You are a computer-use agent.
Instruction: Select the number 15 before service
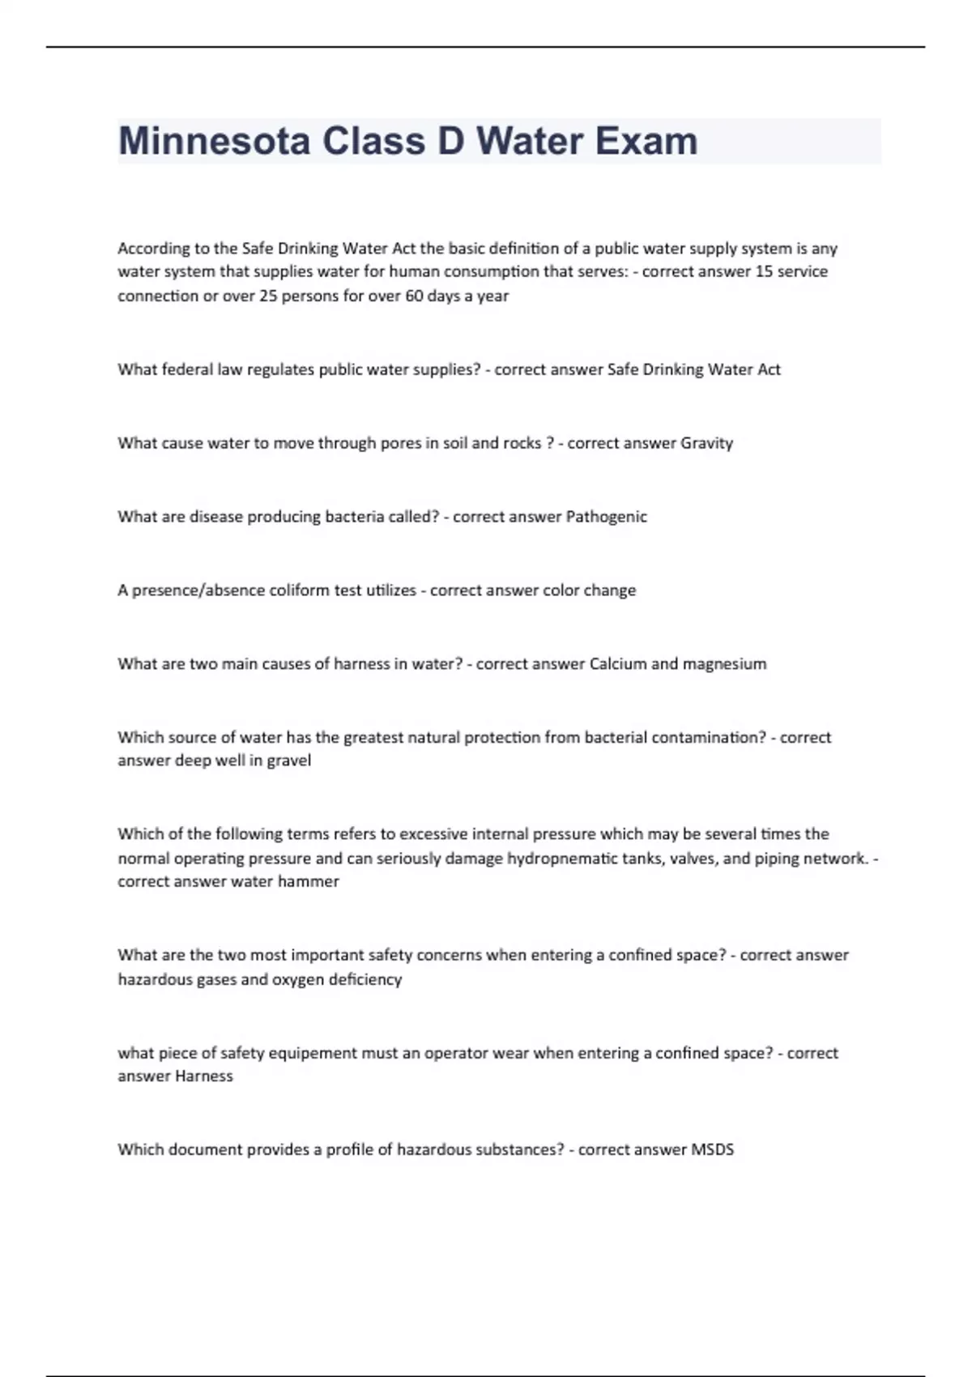tap(764, 271)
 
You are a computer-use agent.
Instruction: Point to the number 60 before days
tap(413, 296)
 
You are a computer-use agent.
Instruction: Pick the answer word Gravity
tap(706, 443)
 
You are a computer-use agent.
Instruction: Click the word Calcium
tap(618, 664)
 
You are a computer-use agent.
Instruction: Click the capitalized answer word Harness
tap(204, 1076)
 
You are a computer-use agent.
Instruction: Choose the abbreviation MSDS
tap(712, 1149)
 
